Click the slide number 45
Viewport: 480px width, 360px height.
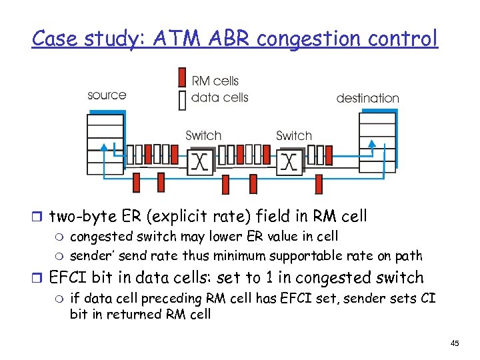tap(455, 343)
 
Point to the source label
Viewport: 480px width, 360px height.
tap(107, 95)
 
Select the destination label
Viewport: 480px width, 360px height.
tap(368, 98)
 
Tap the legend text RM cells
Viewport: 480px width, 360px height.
tap(215, 81)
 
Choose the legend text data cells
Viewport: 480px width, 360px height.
tap(220, 97)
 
